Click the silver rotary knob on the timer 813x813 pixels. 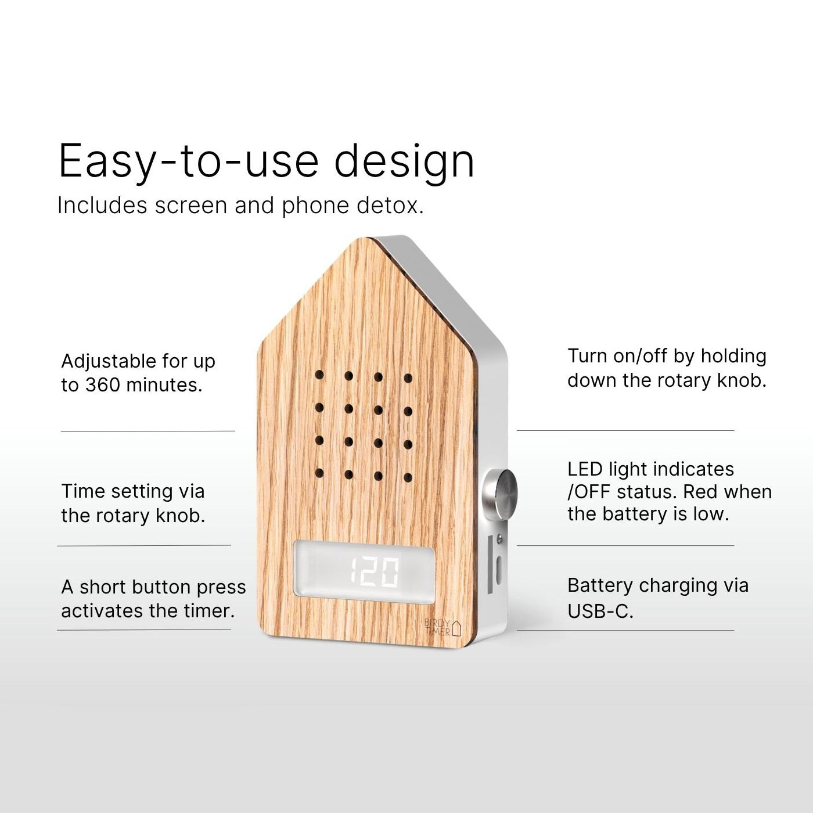tap(501, 493)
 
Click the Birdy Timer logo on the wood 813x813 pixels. tap(443, 627)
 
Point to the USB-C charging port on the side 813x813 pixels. tap(499, 570)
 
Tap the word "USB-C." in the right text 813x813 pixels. tap(600, 610)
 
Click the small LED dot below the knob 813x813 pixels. tap(499, 538)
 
